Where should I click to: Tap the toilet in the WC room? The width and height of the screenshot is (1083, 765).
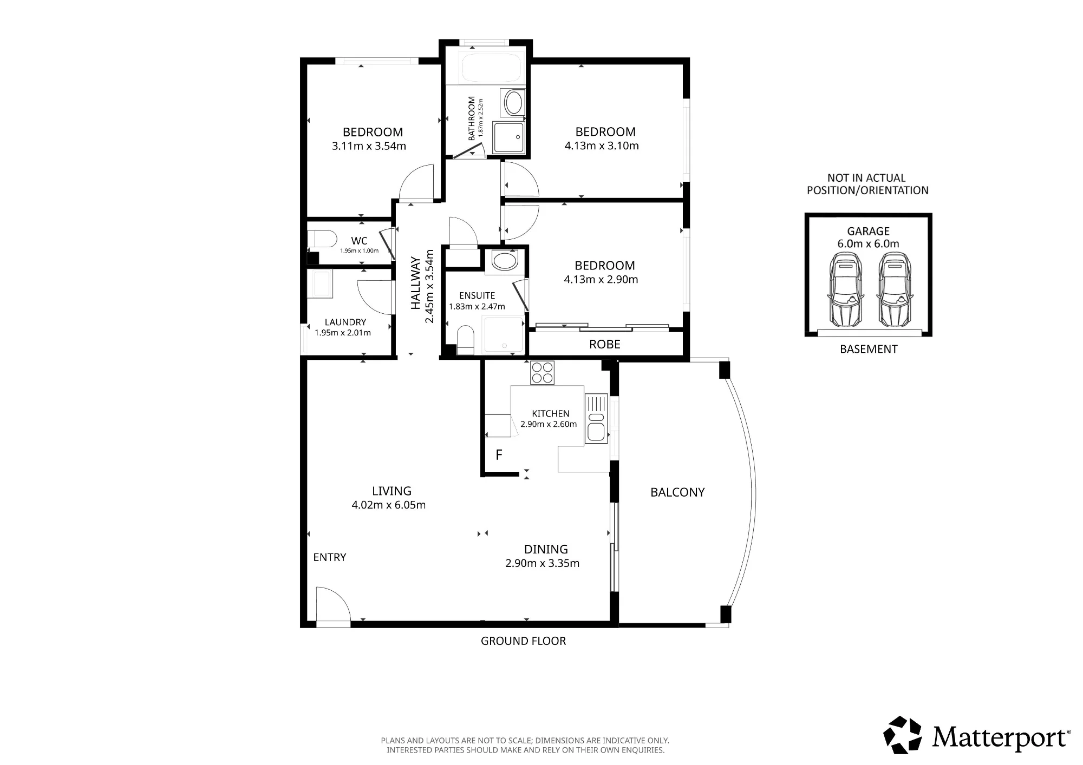(x=322, y=239)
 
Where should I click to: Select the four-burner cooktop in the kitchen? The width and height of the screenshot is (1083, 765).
(x=542, y=372)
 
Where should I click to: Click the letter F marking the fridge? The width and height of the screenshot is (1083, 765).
(x=499, y=455)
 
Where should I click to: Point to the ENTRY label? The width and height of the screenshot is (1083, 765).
(x=330, y=557)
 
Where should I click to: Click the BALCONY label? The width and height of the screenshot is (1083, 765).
(x=677, y=492)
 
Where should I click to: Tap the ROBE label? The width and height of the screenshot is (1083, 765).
(x=605, y=345)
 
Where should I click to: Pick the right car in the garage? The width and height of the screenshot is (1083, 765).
(x=894, y=290)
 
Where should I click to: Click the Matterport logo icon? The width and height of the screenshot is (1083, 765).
(x=902, y=735)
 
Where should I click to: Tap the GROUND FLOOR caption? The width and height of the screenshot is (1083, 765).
(x=524, y=641)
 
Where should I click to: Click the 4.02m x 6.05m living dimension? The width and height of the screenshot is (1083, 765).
(x=389, y=505)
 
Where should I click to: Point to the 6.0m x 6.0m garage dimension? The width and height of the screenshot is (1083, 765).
(x=869, y=244)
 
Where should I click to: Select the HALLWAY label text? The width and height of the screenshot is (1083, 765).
(x=416, y=283)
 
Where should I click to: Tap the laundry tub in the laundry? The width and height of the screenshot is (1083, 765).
(x=320, y=284)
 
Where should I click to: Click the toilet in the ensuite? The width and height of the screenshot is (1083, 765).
(x=466, y=339)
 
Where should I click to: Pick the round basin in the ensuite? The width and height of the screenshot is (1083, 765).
(x=505, y=262)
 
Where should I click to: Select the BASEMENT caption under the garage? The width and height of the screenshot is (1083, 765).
(x=869, y=349)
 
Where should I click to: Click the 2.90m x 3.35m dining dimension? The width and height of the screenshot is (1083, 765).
(x=543, y=563)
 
